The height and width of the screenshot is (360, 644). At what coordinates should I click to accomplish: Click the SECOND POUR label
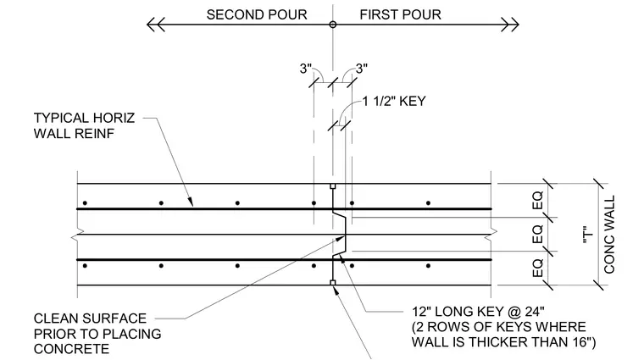pyautogui.click(x=257, y=14)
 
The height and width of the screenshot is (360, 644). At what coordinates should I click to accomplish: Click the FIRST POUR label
pyautogui.click(x=401, y=14)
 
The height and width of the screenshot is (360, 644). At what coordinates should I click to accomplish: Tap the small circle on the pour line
pyautogui.click(x=333, y=25)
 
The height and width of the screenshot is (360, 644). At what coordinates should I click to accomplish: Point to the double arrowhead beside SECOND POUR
pyautogui.click(x=156, y=25)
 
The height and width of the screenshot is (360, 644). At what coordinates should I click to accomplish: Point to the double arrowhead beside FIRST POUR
pyautogui.click(x=510, y=25)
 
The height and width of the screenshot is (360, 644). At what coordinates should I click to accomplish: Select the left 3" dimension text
pyautogui.click(x=306, y=69)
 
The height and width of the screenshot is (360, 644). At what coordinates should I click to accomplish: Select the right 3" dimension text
pyautogui.click(x=362, y=69)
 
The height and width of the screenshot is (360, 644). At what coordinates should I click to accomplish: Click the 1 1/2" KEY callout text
pyautogui.click(x=394, y=101)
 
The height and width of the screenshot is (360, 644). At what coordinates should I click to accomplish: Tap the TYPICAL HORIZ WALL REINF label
pyautogui.click(x=84, y=125)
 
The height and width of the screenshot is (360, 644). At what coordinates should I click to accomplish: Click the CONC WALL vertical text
pyautogui.click(x=609, y=234)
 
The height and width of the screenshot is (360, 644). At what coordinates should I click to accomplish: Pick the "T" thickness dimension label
pyautogui.click(x=588, y=235)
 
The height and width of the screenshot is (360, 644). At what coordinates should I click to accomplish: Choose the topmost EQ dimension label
pyautogui.click(x=537, y=200)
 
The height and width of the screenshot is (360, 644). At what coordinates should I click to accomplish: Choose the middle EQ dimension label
pyautogui.click(x=537, y=234)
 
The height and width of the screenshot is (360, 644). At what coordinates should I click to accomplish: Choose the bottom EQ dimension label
pyautogui.click(x=537, y=268)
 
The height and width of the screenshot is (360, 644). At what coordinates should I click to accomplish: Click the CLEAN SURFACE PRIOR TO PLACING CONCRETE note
pyautogui.click(x=97, y=334)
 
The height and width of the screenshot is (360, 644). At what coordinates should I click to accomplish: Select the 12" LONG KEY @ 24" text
pyautogui.click(x=478, y=312)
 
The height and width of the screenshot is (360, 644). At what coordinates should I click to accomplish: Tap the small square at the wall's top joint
pyautogui.click(x=333, y=186)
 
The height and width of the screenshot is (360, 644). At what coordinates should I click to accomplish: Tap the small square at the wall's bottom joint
pyautogui.click(x=333, y=282)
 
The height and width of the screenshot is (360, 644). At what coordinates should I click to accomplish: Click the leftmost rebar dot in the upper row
pyautogui.click(x=85, y=202)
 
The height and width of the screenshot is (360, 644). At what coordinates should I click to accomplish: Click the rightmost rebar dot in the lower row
pyautogui.click(x=429, y=266)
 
